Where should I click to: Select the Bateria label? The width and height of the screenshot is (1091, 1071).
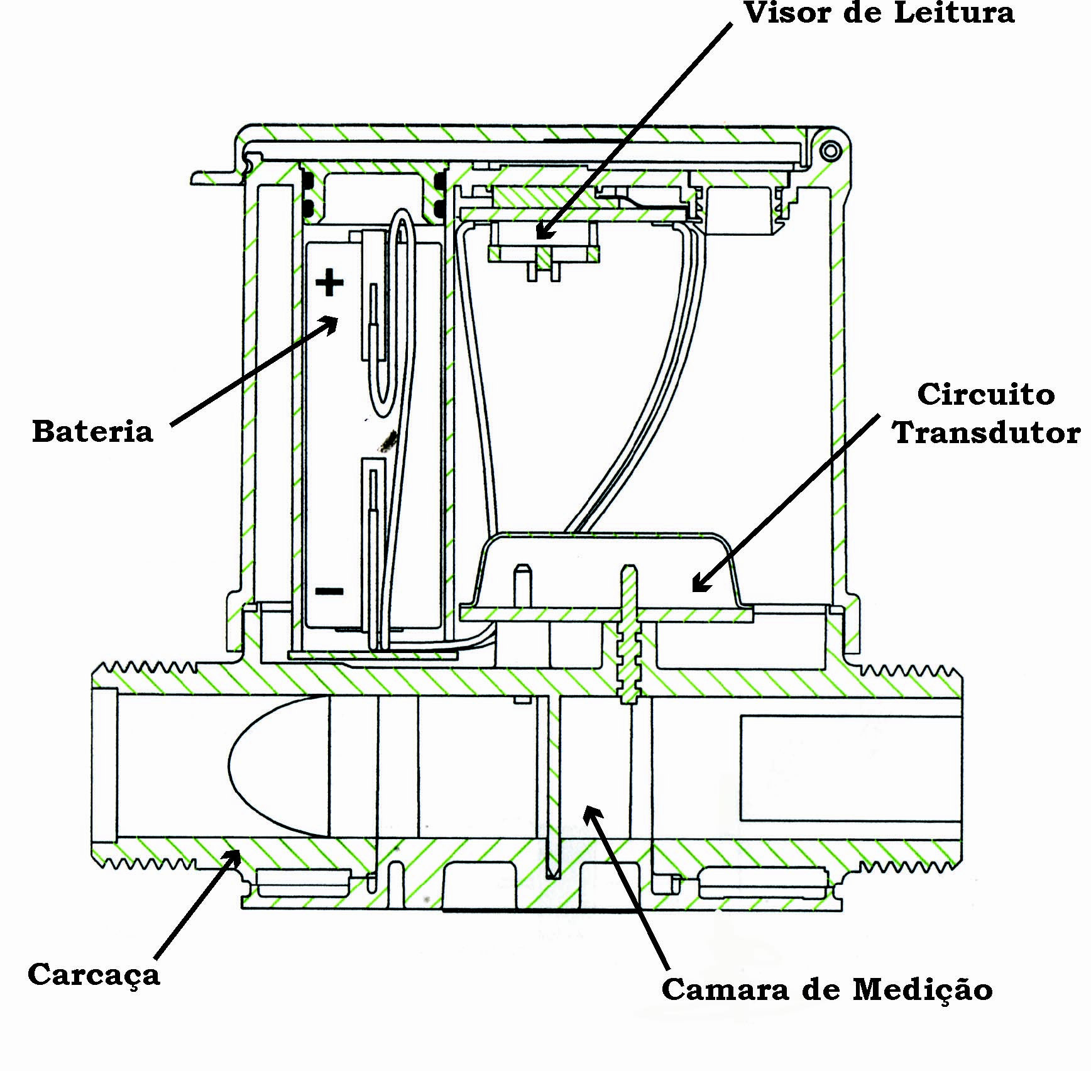click(92, 432)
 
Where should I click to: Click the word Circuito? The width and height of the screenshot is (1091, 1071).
click(985, 395)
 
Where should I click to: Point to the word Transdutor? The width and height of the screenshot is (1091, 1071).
click(987, 433)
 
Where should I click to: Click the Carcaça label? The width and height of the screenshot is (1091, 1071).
click(94, 975)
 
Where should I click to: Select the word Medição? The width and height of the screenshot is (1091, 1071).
click(923, 989)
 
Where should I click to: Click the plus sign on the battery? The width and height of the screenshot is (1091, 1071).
click(329, 283)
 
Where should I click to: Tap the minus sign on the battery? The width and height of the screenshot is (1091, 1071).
click(329, 591)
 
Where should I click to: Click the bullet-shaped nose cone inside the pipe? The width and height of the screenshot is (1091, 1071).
click(278, 767)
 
